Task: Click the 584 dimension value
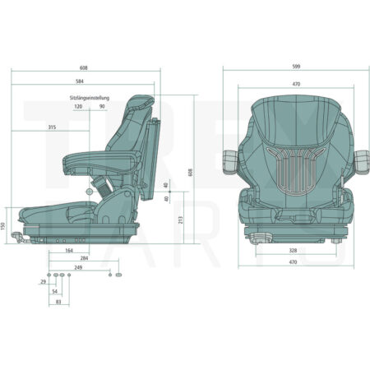point(80,81)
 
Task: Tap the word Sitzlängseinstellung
point(90,98)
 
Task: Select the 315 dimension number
point(52,127)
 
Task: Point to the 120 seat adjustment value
point(78,106)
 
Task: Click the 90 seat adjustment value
point(102,106)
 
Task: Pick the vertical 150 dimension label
point(3,226)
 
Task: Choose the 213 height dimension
point(181,220)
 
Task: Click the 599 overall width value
point(296,67)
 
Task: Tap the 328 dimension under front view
point(293,250)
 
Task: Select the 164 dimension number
point(69,250)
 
